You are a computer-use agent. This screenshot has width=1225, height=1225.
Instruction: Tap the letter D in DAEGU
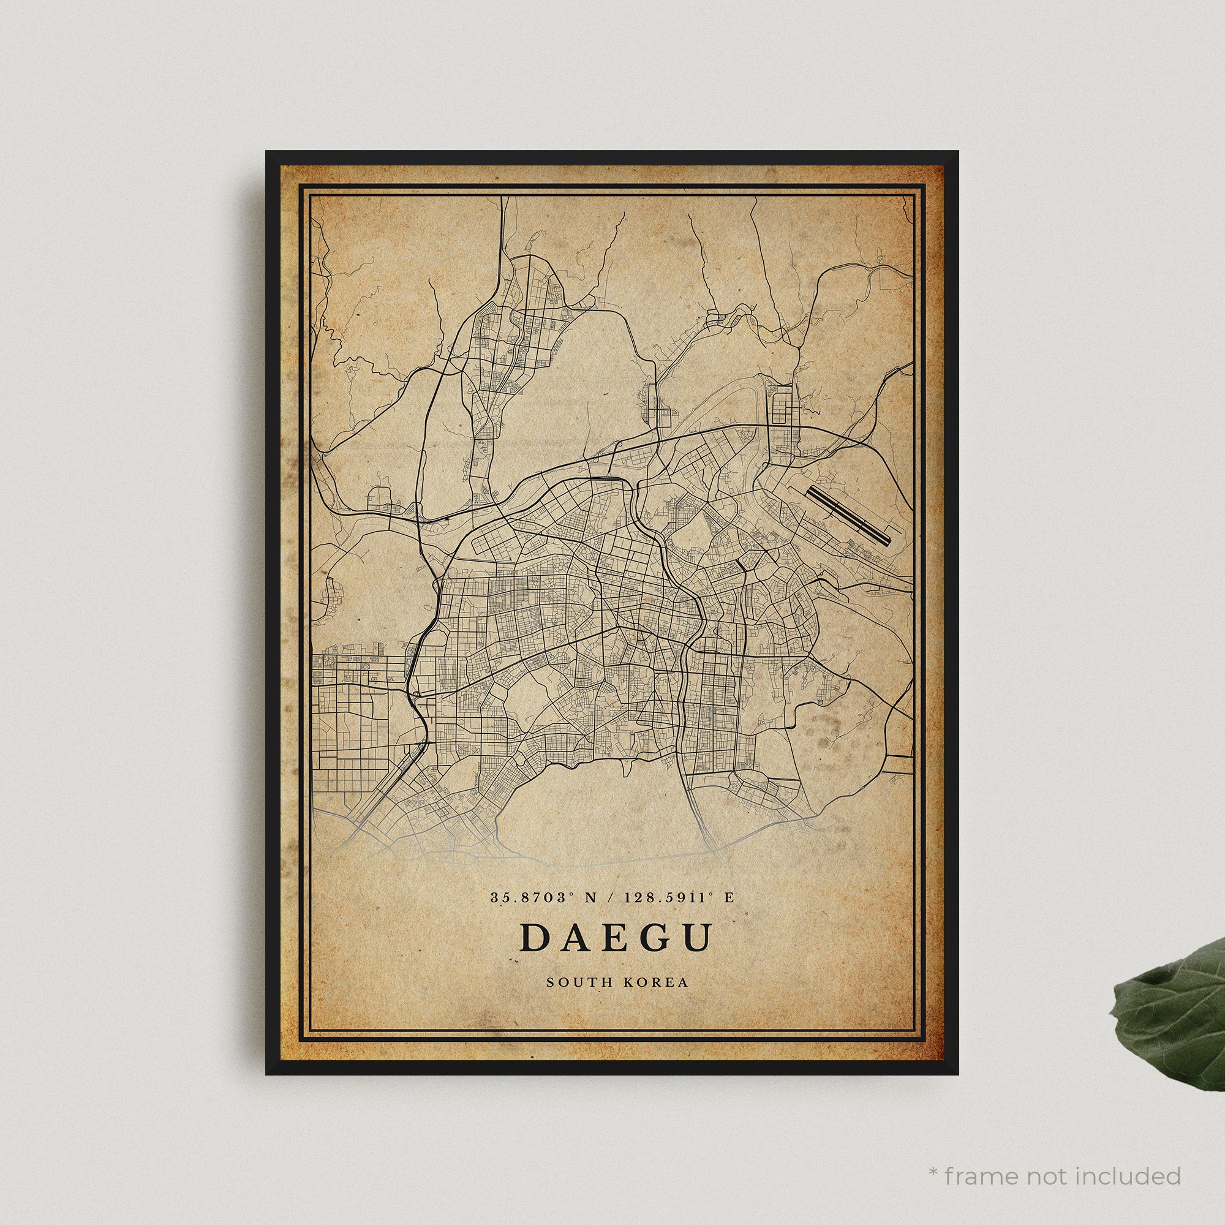(x=535, y=937)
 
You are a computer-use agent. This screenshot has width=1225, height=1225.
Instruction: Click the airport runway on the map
(x=849, y=515)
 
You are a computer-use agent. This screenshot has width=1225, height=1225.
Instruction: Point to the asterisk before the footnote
(x=933, y=1155)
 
